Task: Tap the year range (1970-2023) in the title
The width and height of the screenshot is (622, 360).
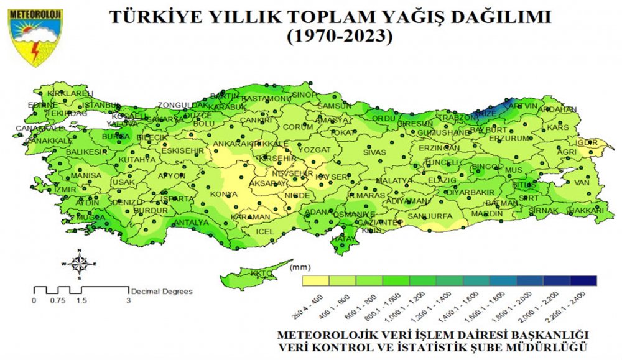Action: (x=341, y=37)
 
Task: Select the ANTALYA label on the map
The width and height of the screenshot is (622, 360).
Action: (x=190, y=223)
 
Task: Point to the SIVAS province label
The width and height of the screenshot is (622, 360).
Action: (x=374, y=152)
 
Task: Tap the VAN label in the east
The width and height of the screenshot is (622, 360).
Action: (x=581, y=183)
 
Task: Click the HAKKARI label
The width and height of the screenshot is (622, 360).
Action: (x=586, y=211)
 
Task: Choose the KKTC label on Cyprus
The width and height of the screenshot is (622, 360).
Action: (x=257, y=274)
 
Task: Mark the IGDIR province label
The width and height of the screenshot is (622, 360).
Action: (x=587, y=142)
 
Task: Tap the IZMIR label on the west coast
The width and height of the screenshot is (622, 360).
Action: (x=65, y=189)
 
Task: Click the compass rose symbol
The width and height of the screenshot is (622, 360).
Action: (x=79, y=264)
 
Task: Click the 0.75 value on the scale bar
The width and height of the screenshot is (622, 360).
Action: (x=57, y=300)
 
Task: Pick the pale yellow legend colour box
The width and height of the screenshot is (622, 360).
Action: (x=315, y=280)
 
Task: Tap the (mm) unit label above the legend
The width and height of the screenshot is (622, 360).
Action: (x=296, y=267)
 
